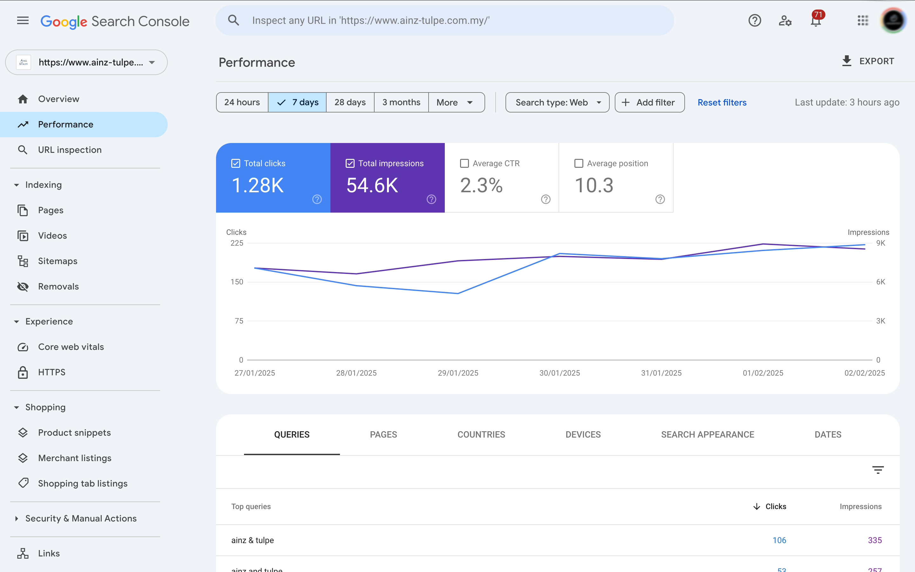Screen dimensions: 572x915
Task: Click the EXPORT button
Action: (x=868, y=61)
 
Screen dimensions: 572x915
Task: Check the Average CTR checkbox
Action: (x=464, y=163)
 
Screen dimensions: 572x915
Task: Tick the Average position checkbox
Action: (x=579, y=163)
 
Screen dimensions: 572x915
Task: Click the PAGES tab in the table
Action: (x=383, y=434)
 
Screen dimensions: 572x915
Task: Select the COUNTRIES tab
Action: (x=481, y=434)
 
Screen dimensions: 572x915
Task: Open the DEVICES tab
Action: (x=583, y=434)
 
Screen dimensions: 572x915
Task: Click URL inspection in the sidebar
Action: (x=70, y=150)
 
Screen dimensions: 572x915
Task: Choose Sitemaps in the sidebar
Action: (x=58, y=261)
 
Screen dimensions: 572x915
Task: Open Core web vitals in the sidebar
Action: (x=71, y=347)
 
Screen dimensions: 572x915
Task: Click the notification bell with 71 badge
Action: (x=816, y=20)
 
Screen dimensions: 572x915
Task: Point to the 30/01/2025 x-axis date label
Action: (x=559, y=373)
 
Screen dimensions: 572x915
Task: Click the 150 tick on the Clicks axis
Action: (x=237, y=282)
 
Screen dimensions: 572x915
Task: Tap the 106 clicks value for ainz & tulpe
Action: (x=779, y=540)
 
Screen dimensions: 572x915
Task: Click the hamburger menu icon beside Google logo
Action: (x=23, y=21)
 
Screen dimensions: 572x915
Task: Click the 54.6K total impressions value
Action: (x=372, y=185)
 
